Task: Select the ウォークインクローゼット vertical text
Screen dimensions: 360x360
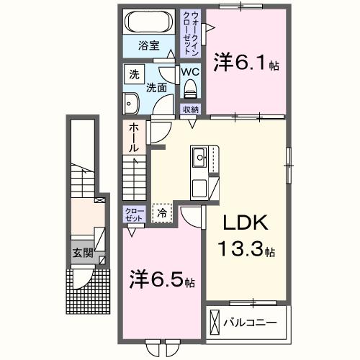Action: (x=193, y=32)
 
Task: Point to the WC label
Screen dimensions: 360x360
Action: (x=190, y=72)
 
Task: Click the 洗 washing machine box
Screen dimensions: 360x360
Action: (x=134, y=74)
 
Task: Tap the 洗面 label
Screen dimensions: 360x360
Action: (x=156, y=88)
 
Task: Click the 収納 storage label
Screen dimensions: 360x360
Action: (x=190, y=109)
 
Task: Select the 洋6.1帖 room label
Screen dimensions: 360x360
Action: (x=246, y=63)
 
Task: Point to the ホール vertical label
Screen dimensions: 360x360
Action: (x=135, y=138)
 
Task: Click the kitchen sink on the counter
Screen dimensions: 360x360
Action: (x=199, y=156)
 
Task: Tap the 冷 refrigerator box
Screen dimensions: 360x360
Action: (x=162, y=212)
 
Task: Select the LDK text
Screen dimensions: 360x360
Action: (x=242, y=224)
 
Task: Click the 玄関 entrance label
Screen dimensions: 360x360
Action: (x=81, y=253)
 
